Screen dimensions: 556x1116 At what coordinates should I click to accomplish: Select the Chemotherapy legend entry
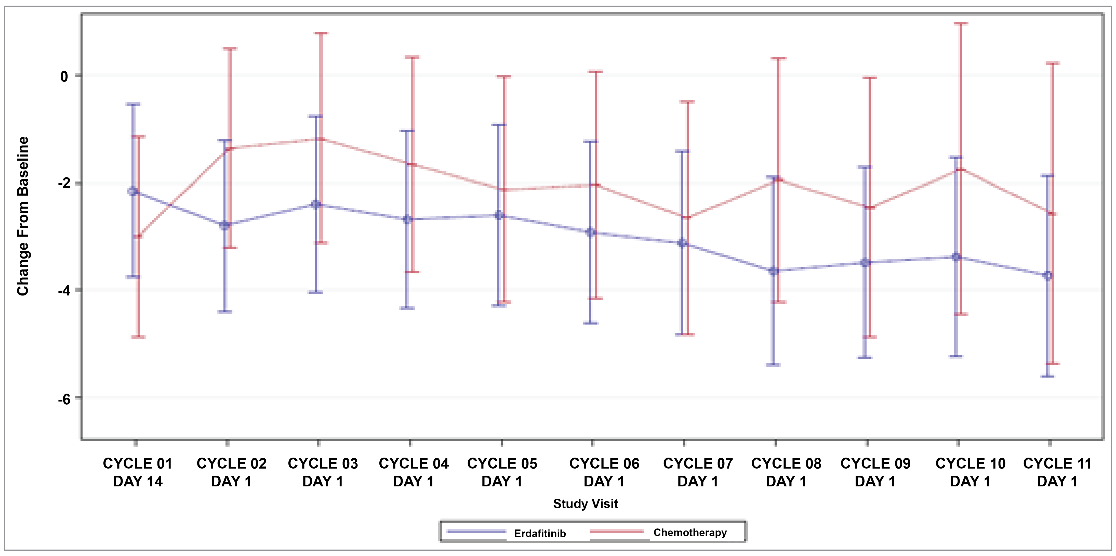[690, 532]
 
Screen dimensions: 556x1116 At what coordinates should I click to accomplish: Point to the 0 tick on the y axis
[64, 77]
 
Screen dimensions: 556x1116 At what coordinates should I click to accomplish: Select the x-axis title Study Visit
[585, 503]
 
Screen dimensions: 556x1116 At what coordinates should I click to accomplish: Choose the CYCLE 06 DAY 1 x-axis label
[604, 472]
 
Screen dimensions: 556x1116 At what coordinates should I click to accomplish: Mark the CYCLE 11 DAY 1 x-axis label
[1057, 472]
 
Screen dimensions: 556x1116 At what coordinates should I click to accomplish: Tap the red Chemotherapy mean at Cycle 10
[961, 170]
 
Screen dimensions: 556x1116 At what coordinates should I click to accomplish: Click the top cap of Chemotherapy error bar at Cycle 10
[961, 23]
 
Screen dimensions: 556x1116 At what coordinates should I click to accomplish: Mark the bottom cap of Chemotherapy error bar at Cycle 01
[138, 336]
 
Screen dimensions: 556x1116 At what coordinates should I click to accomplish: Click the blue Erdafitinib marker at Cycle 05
[499, 215]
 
